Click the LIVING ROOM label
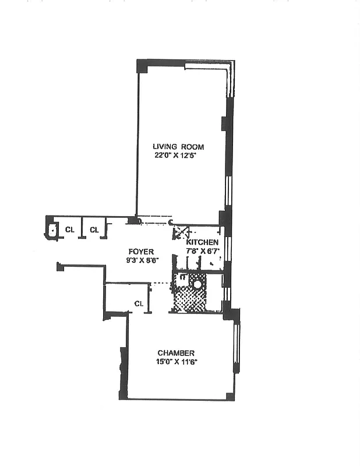coord(178,146)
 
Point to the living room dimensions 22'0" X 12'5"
coord(178,156)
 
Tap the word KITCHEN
coord(202,242)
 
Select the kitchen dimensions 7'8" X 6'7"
coord(202,251)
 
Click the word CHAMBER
coord(175,353)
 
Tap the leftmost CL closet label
coord(69,230)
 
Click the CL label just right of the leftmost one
coord(94,230)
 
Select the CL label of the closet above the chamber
coord(139,303)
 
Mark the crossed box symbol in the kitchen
coord(180,232)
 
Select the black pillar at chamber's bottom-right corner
coord(230,397)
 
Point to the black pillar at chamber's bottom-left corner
coord(123,395)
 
